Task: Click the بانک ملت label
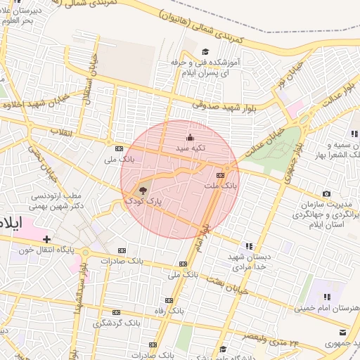click(221, 186)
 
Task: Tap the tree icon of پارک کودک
click(143, 190)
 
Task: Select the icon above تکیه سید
click(189, 137)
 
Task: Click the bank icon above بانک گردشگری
click(116, 311)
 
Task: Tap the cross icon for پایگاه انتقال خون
click(47, 239)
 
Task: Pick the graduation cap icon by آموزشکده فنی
click(205, 51)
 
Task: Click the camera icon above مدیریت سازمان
click(326, 193)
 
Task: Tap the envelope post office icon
click(342, 332)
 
